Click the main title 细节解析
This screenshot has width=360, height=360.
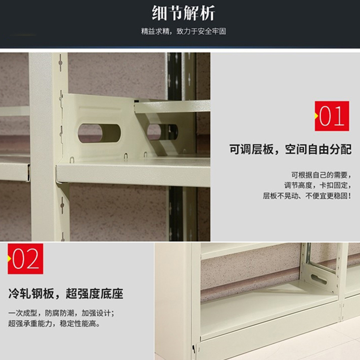tap(183, 13)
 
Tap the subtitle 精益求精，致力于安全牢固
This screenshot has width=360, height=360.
tap(184, 31)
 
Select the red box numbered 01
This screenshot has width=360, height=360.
tap(332, 116)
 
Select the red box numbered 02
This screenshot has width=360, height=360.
tap(26, 259)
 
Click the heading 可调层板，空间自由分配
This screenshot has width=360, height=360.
tap(290, 149)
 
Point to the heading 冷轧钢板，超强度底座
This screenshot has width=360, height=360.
tap(66, 293)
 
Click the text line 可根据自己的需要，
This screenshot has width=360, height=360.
tap(321, 175)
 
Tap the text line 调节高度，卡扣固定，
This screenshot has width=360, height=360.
tap(318, 185)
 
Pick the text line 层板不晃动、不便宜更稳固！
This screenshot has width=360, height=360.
tap(307, 196)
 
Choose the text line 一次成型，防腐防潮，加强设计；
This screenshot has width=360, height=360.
tap(61, 313)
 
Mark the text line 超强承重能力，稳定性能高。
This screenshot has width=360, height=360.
tap(54, 324)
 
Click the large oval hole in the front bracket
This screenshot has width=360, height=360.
tap(99, 133)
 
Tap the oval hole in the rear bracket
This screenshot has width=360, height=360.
tap(162, 132)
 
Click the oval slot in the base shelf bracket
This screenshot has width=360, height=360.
tap(319, 279)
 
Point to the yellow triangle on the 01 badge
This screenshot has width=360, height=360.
tap(316, 116)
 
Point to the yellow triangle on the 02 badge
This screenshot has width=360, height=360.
tap(9, 259)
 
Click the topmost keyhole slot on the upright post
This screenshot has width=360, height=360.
tap(61, 62)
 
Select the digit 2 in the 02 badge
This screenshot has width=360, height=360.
tap(32, 259)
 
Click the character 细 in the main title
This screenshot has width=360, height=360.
tap(159, 13)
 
